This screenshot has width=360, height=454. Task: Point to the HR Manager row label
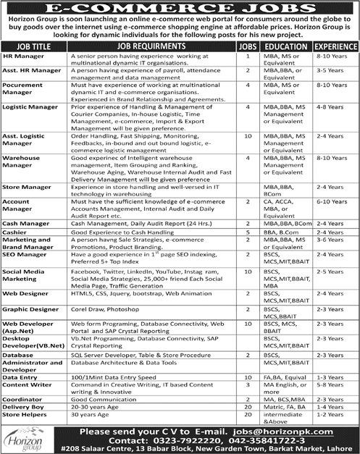click(x=22, y=55)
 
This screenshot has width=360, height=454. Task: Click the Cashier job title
click(x=14, y=232)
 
